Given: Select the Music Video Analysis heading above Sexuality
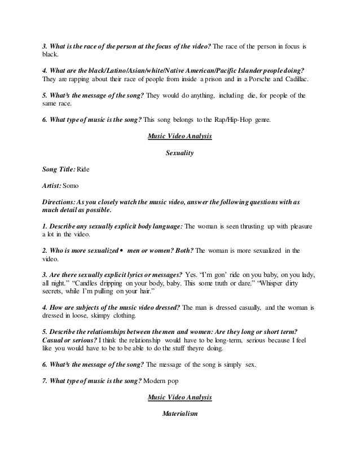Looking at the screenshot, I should coord(179,136).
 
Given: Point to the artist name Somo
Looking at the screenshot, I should coord(72,185).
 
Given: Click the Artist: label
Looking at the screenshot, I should coord(51,185).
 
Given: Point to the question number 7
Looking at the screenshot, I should coord(45,381).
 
